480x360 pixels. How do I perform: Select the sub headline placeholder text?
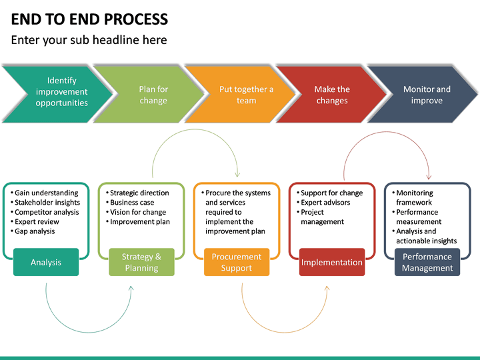[89, 40]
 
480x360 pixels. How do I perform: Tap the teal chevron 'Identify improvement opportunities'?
[60, 92]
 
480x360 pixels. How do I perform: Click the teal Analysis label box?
[46, 262]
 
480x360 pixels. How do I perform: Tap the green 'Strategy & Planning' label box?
[141, 262]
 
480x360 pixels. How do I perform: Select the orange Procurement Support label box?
[237, 262]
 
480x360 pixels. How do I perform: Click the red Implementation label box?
[332, 262]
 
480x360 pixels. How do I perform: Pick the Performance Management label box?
[427, 262]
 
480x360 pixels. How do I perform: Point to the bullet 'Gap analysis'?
[35, 231]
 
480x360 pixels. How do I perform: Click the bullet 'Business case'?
[132, 203]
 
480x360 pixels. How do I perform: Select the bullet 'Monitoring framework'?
[414, 197]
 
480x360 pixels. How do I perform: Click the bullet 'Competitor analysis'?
[47, 212]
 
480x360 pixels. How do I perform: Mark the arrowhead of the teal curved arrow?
[131, 289]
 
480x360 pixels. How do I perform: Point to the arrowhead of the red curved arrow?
[429, 176]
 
